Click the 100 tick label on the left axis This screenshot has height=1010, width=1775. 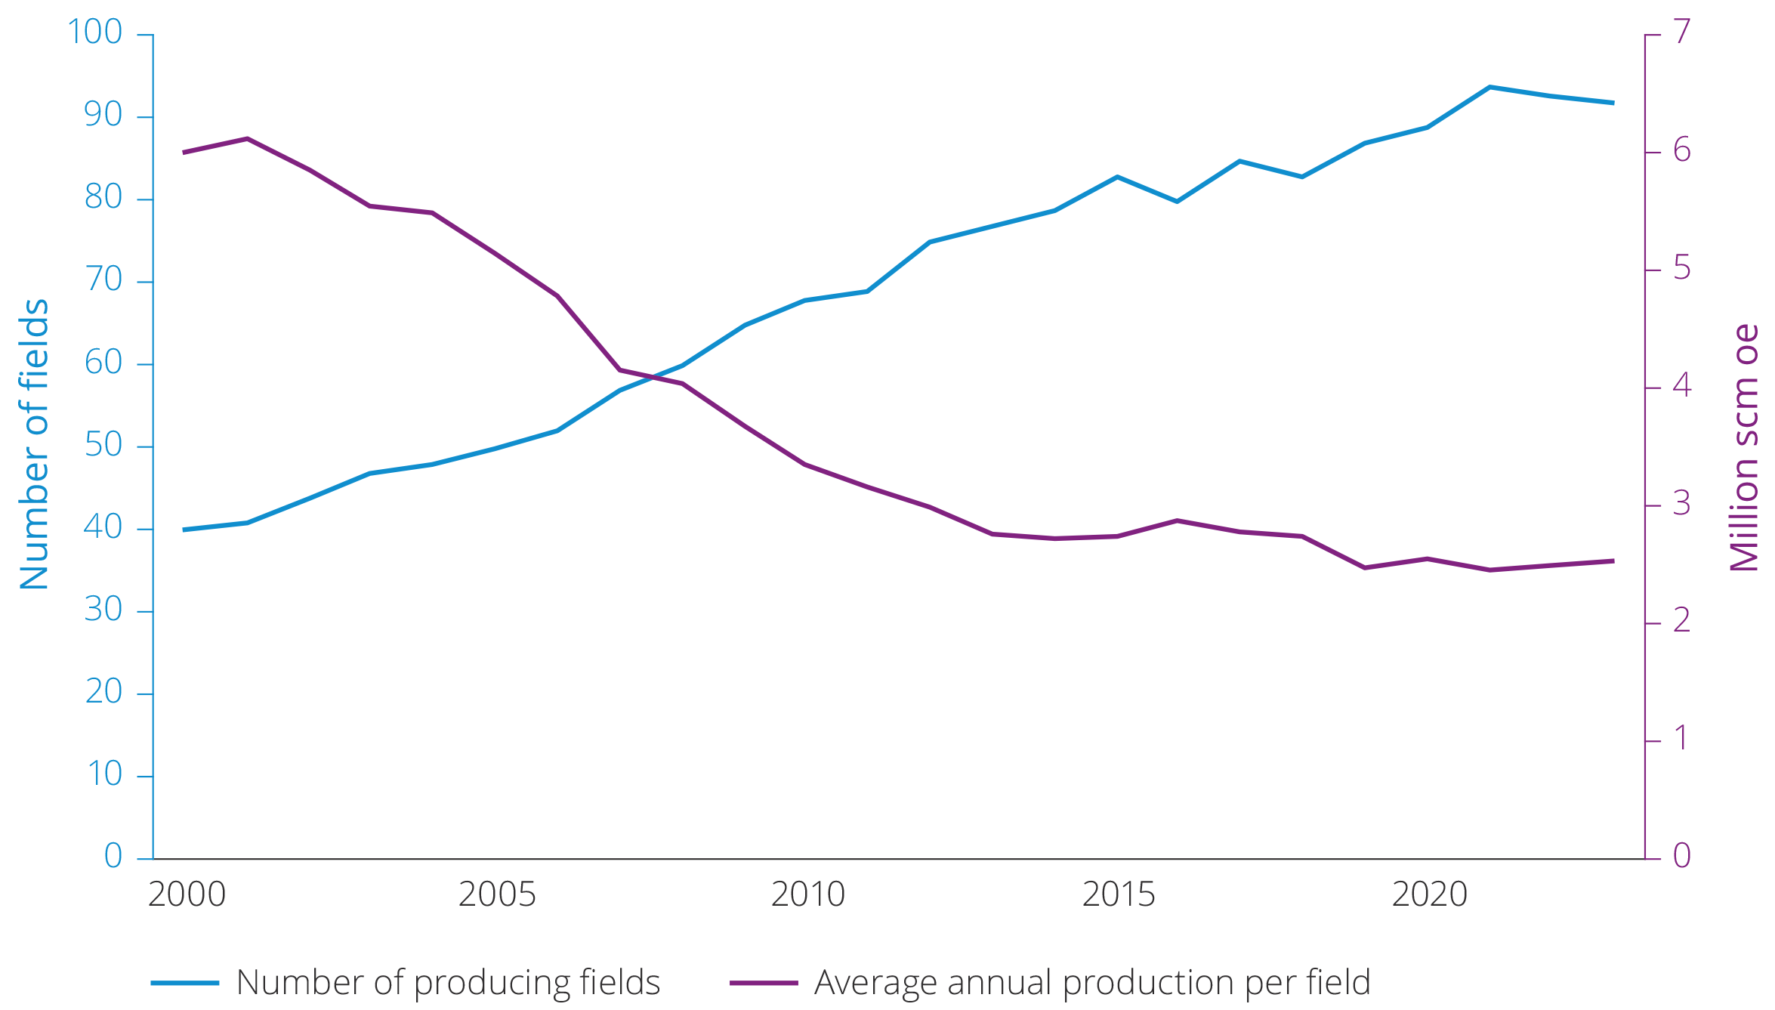coord(94,32)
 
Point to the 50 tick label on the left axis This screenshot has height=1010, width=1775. coord(103,445)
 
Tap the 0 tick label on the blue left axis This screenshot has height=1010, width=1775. coord(113,856)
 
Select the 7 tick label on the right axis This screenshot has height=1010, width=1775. coord(1681,32)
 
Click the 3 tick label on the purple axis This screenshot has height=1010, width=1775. coord(1681,504)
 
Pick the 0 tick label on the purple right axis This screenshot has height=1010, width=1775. coord(1681,856)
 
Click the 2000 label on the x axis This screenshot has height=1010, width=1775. coord(187,895)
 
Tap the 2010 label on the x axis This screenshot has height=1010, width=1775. coord(807,895)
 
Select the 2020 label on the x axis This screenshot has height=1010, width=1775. coord(1429,895)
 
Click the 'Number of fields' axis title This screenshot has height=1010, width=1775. coord(34,444)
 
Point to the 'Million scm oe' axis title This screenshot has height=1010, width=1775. coord(1743,447)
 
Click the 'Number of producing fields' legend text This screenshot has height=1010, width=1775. coord(448,983)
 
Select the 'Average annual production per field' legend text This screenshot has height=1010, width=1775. coord(1092,983)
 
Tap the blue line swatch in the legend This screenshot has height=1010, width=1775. coord(185,983)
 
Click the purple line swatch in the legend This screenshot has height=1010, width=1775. coord(764,983)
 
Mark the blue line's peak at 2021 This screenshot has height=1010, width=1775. coord(1489,87)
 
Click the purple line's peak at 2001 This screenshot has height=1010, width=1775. coord(247,138)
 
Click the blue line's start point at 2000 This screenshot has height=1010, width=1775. coord(184,530)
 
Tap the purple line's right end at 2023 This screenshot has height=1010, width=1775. coord(1613,561)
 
